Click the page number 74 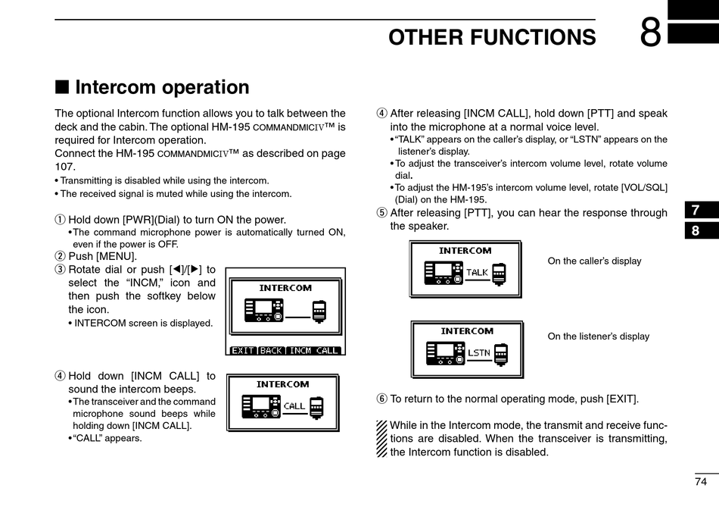pyautogui.click(x=700, y=481)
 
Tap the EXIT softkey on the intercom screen pyautogui.click(x=243, y=350)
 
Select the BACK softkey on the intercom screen pyautogui.click(x=271, y=350)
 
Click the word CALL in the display pyautogui.click(x=294, y=406)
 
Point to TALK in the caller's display pyautogui.click(x=478, y=272)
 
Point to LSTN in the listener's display pyautogui.click(x=479, y=352)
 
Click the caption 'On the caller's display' pyautogui.click(x=594, y=261)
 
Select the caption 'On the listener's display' pyautogui.click(x=598, y=336)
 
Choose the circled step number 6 pyautogui.click(x=381, y=399)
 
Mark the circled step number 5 pyautogui.click(x=381, y=213)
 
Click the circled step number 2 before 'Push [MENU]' pyautogui.click(x=60, y=256)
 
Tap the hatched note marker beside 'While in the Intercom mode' pyautogui.click(x=381, y=439)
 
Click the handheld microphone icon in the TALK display pyautogui.click(x=499, y=273)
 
